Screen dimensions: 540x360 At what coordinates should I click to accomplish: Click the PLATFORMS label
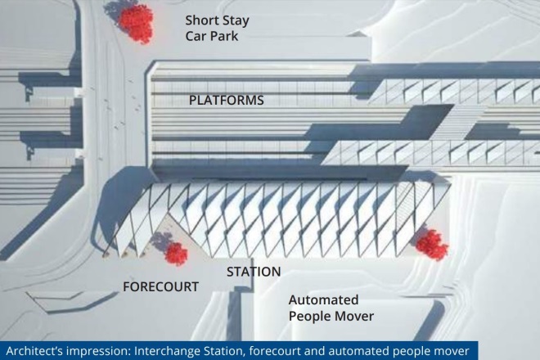coord(227,101)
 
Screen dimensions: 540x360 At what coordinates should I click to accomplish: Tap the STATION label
coord(254,272)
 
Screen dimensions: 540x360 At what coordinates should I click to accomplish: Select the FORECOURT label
coord(161,286)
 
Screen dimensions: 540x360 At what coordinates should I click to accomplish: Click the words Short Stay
coord(217,20)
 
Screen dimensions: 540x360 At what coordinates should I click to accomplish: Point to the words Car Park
coord(211,36)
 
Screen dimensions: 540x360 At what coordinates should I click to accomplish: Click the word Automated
coord(323,299)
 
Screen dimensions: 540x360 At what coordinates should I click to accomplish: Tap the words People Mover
coord(331,317)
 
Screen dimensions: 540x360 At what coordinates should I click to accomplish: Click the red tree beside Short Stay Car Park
coord(135,23)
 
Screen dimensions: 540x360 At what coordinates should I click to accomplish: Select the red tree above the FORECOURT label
coord(177,254)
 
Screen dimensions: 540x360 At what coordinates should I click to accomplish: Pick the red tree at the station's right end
coord(432,245)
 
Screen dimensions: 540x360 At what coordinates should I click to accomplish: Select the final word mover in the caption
coord(452,351)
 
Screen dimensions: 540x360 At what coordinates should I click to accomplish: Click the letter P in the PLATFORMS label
coord(193,101)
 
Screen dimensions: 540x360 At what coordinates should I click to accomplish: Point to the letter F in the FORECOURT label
coord(126,286)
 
